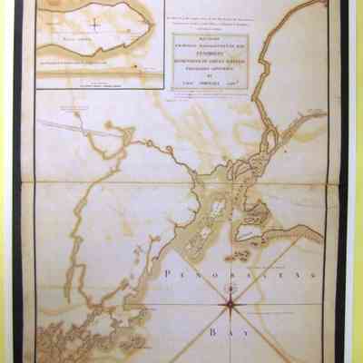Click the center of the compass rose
pyautogui.click(x=231, y=307)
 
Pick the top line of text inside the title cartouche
pyautogui.click(x=211, y=39)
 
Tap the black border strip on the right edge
pyautogui.click(x=345, y=181)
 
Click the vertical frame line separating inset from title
pyautogui.click(x=163, y=45)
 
